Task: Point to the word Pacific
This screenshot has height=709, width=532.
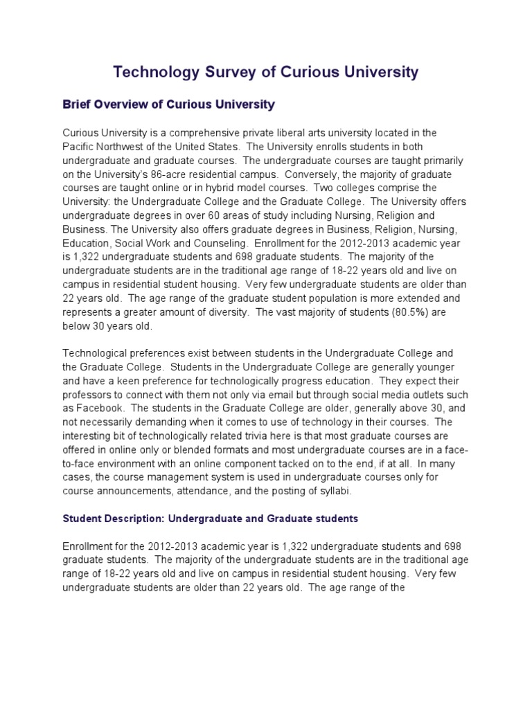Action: pos(80,147)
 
